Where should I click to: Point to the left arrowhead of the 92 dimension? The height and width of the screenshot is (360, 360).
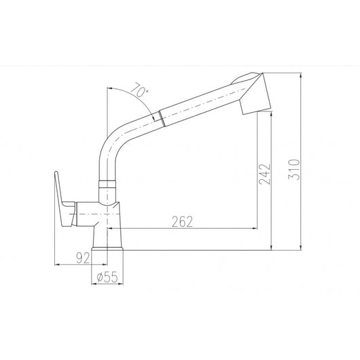(56, 265)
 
